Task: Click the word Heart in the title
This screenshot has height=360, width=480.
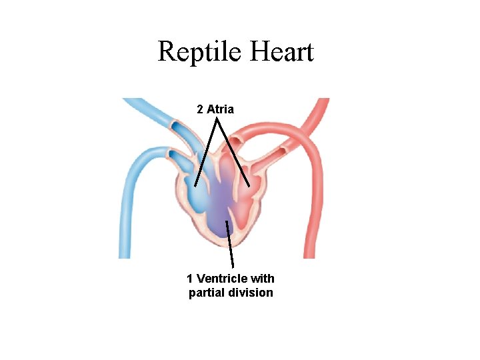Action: coord(280,52)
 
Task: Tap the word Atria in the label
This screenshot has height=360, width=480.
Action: coord(221,109)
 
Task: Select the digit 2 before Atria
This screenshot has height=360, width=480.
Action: coord(200,109)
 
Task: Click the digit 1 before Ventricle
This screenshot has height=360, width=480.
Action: coord(190,279)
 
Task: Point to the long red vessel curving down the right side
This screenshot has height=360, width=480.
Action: coord(313,200)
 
